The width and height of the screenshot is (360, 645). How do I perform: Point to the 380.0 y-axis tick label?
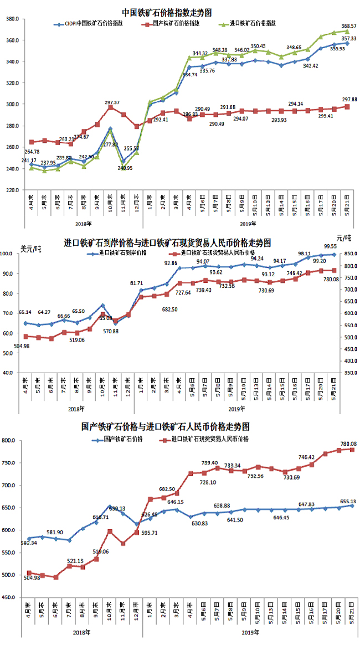(13, 19)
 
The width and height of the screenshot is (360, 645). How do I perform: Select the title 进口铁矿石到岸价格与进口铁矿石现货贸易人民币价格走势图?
(167, 242)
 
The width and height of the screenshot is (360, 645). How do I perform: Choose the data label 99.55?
(331, 246)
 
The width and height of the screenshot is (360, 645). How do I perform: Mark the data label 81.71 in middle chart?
(137, 283)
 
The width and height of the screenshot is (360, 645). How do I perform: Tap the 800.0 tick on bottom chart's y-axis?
(12, 441)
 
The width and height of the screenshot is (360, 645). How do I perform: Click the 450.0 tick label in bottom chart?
(12, 598)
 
